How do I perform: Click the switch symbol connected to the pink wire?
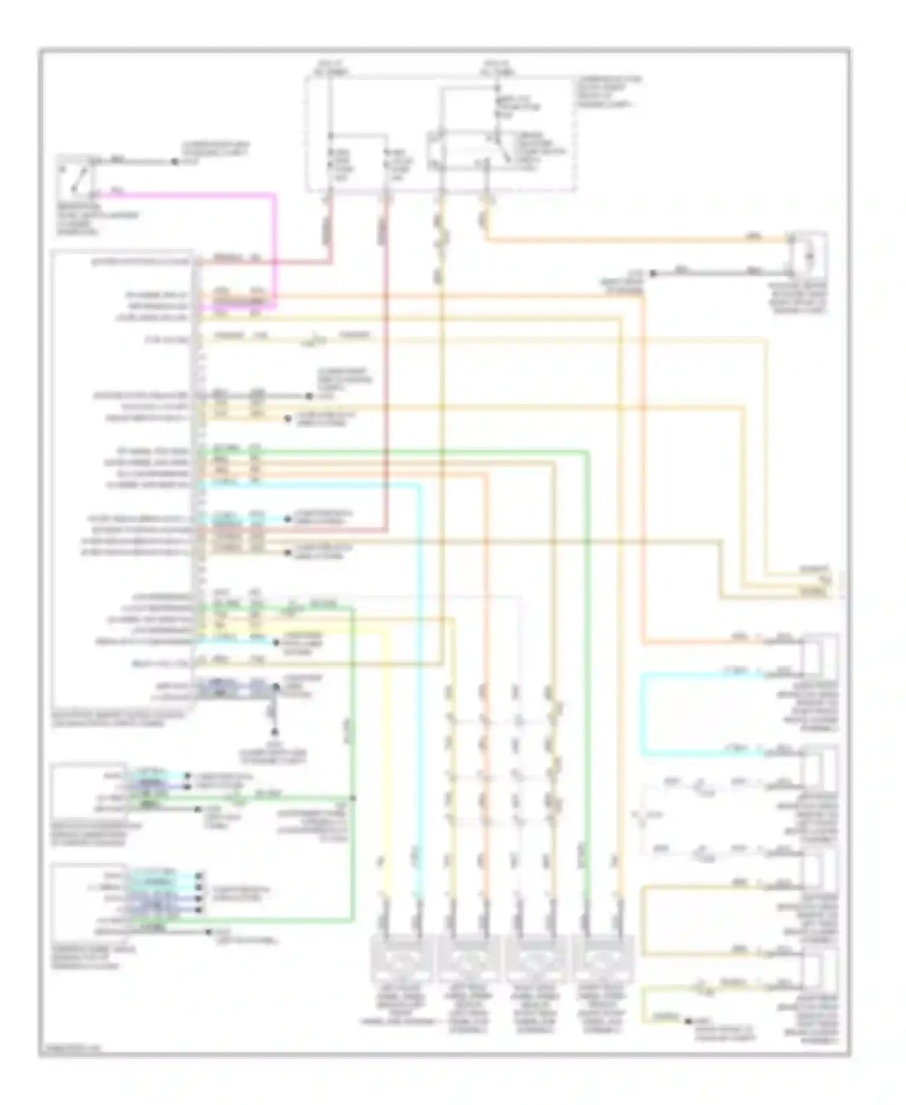point(75,177)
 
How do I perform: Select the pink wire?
point(275,242)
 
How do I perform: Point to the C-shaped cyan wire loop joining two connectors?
point(644,713)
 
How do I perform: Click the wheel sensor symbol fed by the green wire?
point(602,958)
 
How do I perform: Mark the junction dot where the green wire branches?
point(352,799)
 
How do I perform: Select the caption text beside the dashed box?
point(607,91)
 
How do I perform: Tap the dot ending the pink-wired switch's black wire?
point(175,162)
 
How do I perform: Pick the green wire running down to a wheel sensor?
point(586,665)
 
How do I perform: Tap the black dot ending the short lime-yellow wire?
point(688,1021)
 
